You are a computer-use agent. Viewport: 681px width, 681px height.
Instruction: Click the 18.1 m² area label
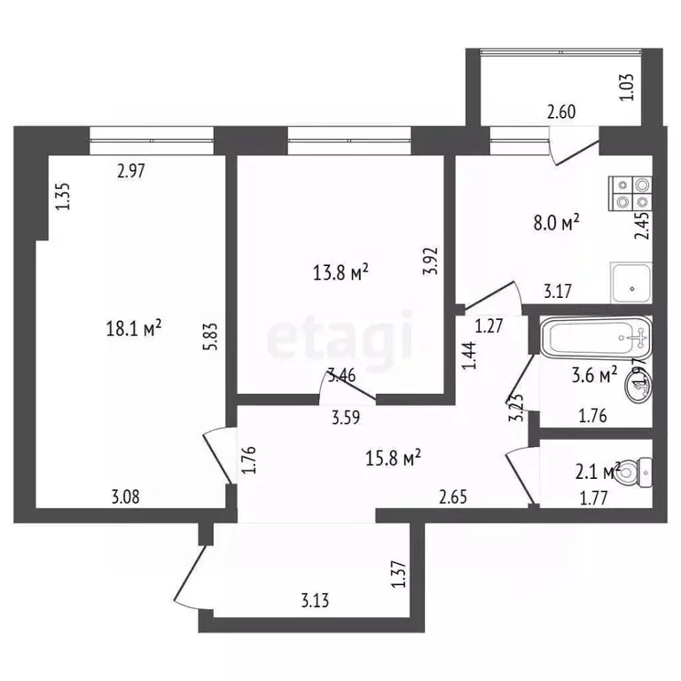(x=133, y=330)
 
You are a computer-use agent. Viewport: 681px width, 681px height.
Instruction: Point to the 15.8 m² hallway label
(x=393, y=458)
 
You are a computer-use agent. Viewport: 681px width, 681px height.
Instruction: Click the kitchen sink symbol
(x=630, y=281)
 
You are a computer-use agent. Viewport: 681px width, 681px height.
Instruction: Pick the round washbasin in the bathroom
(x=640, y=382)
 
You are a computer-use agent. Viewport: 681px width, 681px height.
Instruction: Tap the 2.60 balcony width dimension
(x=561, y=112)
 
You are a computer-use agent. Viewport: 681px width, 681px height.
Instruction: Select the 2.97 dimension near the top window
(x=131, y=171)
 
